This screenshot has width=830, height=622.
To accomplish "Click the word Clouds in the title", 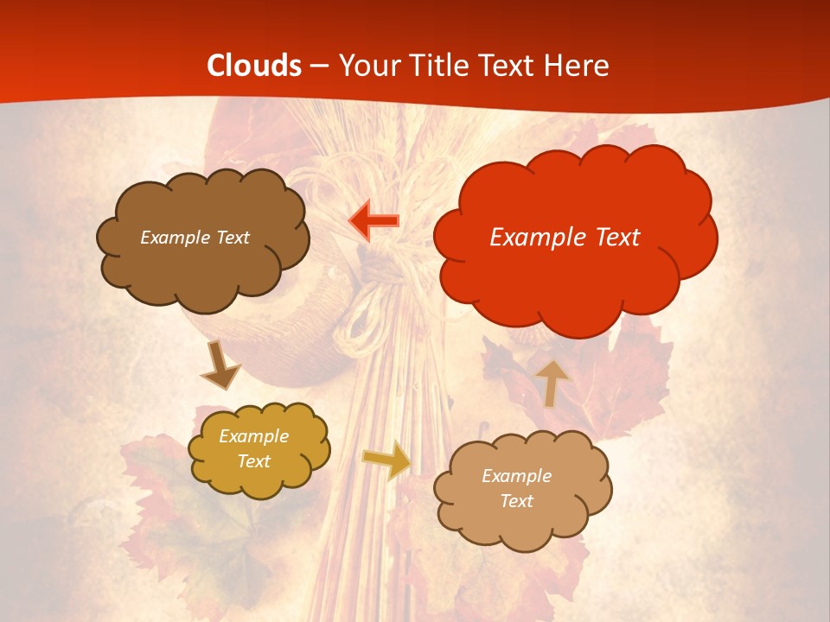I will [x=254, y=66].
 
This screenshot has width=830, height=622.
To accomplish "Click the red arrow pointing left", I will [x=373, y=220].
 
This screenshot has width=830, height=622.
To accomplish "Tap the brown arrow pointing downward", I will [x=220, y=366].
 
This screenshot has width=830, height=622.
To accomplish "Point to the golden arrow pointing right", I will [x=386, y=460].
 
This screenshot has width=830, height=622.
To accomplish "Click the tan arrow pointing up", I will [x=552, y=383].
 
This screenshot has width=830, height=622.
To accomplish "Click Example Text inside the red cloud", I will [x=565, y=237].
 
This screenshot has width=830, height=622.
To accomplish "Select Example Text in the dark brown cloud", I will [x=195, y=238].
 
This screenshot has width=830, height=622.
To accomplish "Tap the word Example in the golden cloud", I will [x=253, y=436].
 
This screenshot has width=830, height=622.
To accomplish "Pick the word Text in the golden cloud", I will [x=253, y=461].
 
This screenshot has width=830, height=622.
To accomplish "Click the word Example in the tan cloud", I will [x=516, y=476].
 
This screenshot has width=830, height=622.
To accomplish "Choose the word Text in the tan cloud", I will [x=516, y=501].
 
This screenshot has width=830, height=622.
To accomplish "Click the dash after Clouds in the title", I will [x=319, y=67].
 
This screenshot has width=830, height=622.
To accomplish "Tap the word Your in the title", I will [x=364, y=66].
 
